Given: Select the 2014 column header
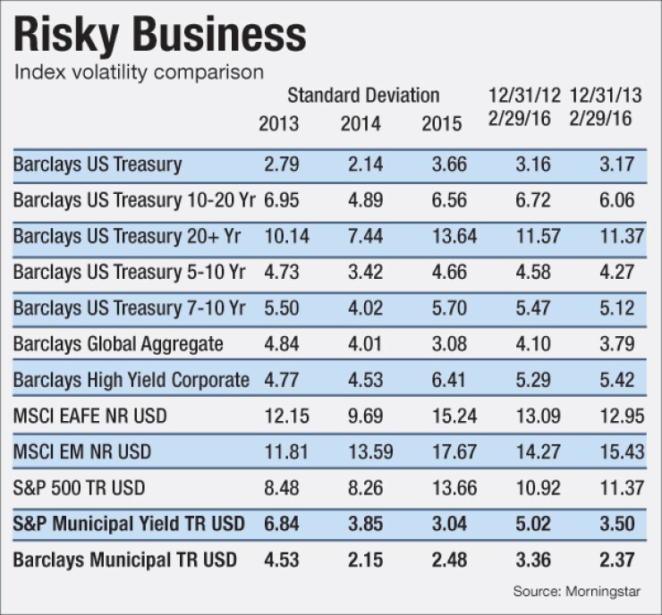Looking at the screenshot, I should click(361, 123).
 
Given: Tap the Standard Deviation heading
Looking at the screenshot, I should click(363, 95).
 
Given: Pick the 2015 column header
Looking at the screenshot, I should click(442, 123).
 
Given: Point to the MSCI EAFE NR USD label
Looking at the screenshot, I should click(92, 416).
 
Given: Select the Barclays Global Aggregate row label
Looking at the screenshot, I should click(118, 343).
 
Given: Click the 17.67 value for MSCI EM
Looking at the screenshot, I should click(442, 452).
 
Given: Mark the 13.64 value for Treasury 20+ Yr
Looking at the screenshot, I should click(442, 236).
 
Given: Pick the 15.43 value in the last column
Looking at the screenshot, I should click(621, 452).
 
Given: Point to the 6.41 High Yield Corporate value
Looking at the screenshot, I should click(442, 380).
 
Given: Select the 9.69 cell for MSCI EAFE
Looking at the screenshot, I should click(361, 416).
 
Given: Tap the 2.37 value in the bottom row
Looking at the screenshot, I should click(621, 560).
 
